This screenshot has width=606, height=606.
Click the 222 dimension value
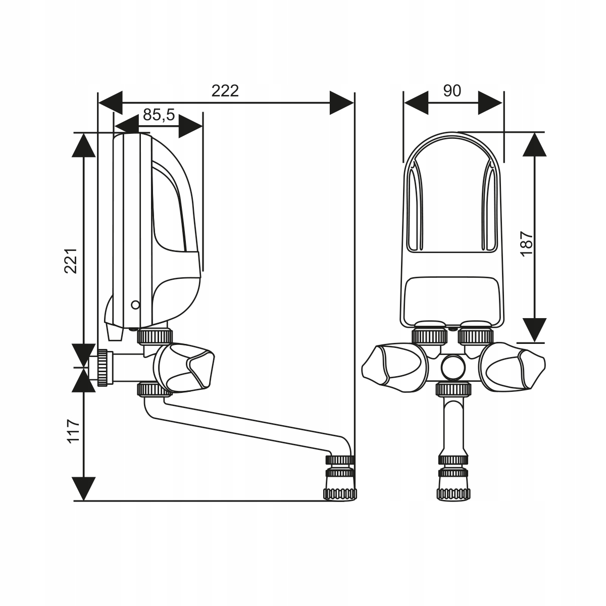[x=225, y=91]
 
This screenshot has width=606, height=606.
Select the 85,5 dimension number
[x=159, y=115]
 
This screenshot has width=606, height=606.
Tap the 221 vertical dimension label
[x=71, y=261]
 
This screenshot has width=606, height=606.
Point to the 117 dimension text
[x=74, y=431]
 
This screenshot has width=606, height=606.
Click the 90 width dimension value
[x=452, y=91]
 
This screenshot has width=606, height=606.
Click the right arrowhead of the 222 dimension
[x=342, y=103]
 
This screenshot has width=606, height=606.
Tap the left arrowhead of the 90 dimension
[x=416, y=103]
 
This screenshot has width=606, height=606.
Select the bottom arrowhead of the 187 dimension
[x=535, y=330]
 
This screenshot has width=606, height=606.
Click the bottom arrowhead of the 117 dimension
[x=84, y=489]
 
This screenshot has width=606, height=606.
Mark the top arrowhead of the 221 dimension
[x=84, y=145]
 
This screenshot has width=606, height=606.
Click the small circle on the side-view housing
[x=135, y=305]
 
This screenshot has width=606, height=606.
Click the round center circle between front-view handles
[x=453, y=367]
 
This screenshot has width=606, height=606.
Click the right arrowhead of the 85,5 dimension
[x=190, y=126]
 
